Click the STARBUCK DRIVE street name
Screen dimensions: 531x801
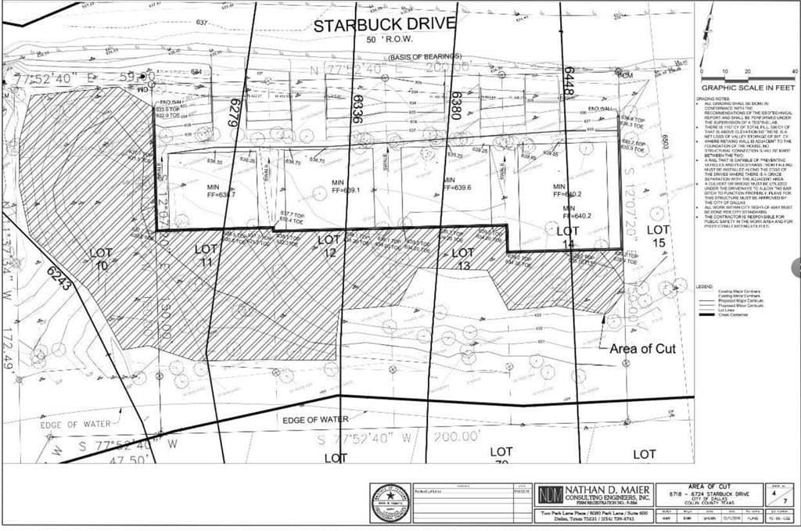pyautogui.click(x=384, y=24)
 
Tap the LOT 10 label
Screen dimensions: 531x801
pyautogui.click(x=101, y=259)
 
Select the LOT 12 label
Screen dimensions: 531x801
pyautogui.click(x=329, y=246)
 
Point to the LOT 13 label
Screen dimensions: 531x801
pyautogui.click(x=463, y=259)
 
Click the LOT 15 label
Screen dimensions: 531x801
pyautogui.click(x=658, y=236)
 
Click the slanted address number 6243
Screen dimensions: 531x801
pyautogui.click(x=59, y=278)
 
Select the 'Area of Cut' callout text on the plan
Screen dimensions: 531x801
pyautogui.click(x=642, y=349)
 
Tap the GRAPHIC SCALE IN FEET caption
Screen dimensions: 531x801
pyautogui.click(x=748, y=88)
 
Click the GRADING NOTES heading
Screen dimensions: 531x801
pyautogui.click(x=716, y=99)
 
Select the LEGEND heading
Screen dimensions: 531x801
pyautogui.click(x=706, y=287)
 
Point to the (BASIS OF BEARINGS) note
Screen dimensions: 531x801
pyautogui.click(x=425, y=57)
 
